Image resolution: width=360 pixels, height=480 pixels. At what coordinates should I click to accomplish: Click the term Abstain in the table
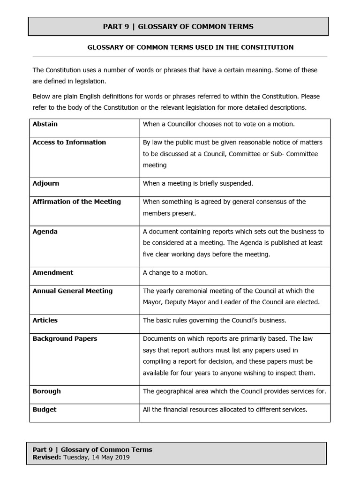[45, 124]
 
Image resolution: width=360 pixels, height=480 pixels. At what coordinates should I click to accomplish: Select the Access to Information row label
[69, 142]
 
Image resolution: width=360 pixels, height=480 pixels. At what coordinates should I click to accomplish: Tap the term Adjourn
[46, 183]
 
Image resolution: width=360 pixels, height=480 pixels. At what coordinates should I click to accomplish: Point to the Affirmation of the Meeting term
[76, 202]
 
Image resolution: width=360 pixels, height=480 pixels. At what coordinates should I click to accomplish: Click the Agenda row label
[45, 232]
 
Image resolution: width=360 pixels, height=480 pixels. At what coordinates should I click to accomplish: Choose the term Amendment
[52, 273]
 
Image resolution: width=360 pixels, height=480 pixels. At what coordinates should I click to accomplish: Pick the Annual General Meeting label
[72, 291]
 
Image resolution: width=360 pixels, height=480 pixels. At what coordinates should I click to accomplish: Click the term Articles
[45, 321]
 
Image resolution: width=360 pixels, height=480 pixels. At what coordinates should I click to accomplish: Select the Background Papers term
[65, 339]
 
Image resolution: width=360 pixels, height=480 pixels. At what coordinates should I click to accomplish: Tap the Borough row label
[46, 391]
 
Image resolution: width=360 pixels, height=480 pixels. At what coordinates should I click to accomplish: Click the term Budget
[44, 410]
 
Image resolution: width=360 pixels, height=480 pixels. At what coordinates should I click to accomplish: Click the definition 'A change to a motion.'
[175, 273]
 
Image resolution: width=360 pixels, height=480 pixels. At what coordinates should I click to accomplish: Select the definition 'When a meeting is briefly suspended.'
[198, 183]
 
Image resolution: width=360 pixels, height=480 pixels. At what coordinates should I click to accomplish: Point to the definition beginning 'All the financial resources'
[225, 410]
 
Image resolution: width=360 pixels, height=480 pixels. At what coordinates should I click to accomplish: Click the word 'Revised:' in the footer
[47, 457]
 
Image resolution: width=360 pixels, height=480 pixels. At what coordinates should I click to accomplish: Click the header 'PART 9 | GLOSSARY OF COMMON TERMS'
[178, 27]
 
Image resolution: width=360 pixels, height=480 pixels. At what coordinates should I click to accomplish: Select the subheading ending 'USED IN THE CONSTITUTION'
[191, 47]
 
